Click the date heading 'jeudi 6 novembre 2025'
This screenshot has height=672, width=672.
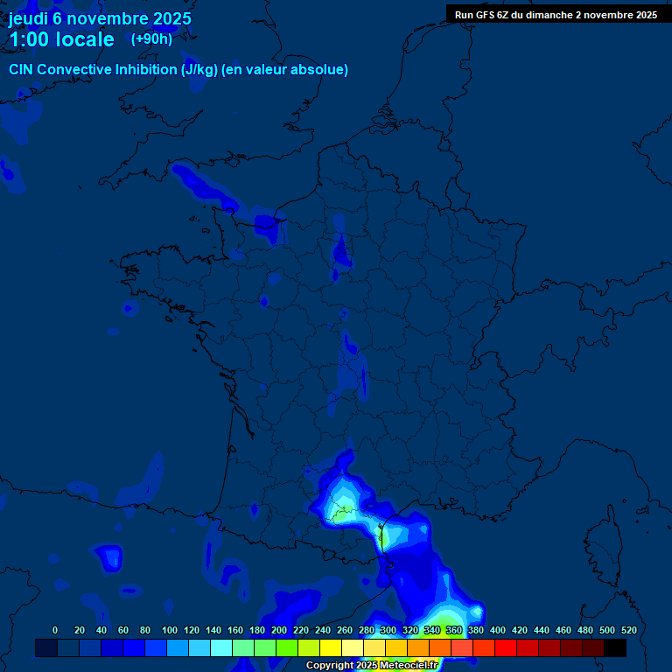tap(100, 18)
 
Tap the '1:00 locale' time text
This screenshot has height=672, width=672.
tap(61, 39)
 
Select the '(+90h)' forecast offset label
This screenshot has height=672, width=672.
tap(151, 39)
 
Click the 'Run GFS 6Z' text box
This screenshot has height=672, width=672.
tap(556, 15)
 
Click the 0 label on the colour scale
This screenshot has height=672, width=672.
tap(55, 630)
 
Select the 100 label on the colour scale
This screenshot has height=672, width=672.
tap(170, 630)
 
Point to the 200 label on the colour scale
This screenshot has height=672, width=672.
tap(279, 630)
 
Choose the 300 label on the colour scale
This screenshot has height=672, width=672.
tap(388, 630)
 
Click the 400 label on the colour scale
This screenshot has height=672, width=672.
tap(498, 630)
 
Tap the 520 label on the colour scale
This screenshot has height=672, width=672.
tap(628, 630)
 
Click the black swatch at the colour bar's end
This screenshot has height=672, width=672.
tap(615, 647)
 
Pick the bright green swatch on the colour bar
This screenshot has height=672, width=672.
tap(287, 647)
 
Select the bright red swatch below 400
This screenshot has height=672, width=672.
tap(506, 647)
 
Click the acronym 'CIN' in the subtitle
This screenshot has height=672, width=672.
tap(21, 70)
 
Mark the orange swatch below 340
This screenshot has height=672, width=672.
tap(440, 647)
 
